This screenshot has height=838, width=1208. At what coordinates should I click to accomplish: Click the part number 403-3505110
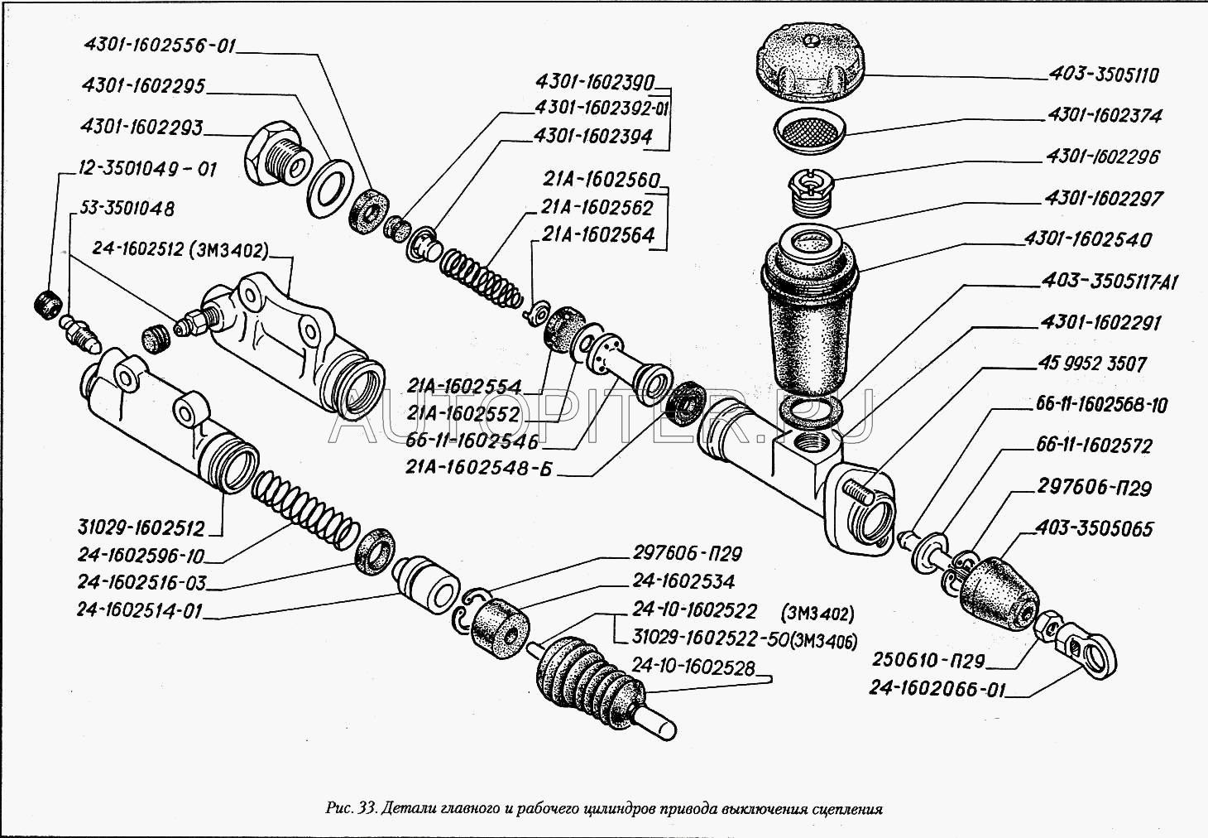(x=1104, y=75)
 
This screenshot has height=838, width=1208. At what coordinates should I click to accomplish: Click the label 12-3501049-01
(x=146, y=170)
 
